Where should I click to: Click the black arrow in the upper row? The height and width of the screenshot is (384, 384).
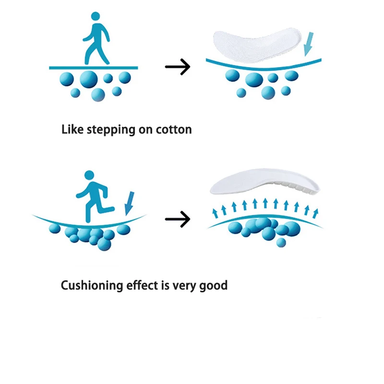pos(178,67)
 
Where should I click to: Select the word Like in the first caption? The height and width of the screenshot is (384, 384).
pos(73,129)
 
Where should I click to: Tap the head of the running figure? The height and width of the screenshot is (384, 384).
pos(89,176)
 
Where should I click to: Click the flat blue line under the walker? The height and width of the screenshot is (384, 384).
pos(94,68)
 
